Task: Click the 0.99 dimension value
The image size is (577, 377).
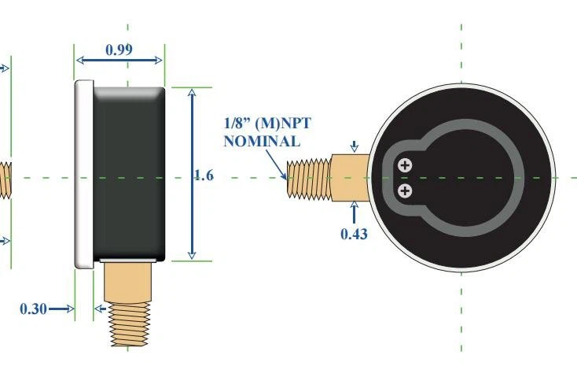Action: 119,50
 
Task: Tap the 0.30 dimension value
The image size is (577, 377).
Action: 32,309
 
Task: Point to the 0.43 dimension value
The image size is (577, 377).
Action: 354,233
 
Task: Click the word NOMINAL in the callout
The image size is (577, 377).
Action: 261,142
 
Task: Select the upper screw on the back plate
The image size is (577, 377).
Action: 405,165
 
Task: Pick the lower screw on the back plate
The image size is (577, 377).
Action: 405,190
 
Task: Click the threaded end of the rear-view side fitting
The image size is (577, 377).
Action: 309,178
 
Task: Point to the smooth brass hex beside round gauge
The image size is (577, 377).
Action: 351,178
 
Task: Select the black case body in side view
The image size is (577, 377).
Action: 130,173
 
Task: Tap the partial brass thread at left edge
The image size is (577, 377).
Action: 4,179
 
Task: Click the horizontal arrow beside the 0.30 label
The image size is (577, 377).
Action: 60,309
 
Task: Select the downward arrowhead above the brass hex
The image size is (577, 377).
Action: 355,146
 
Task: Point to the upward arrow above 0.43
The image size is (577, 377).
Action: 354,210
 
